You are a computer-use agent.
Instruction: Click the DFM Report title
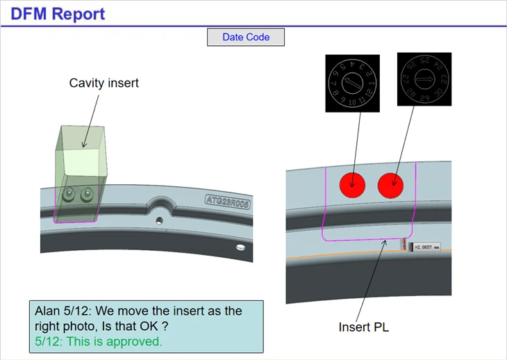point(58,13)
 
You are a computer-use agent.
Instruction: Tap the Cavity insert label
point(103,83)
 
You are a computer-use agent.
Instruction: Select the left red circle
point(353,185)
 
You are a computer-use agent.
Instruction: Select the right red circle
point(391,185)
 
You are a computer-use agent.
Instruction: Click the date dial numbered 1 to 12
point(353,83)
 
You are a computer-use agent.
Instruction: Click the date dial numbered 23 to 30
point(424,79)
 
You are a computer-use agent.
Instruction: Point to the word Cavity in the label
point(85,83)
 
